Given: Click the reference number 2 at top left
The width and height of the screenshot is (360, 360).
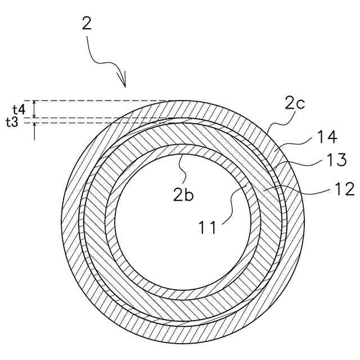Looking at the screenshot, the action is tap(86, 24).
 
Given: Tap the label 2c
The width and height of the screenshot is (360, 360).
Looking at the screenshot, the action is tap(294, 103).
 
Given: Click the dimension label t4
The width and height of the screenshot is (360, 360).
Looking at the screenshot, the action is tap(19, 109).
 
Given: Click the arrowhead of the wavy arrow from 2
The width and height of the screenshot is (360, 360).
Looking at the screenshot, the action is tap(124, 83).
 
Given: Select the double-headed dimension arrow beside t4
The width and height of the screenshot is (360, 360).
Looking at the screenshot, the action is tap(35, 109).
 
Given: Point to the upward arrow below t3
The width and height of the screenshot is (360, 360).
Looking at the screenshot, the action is tap(35, 130).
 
